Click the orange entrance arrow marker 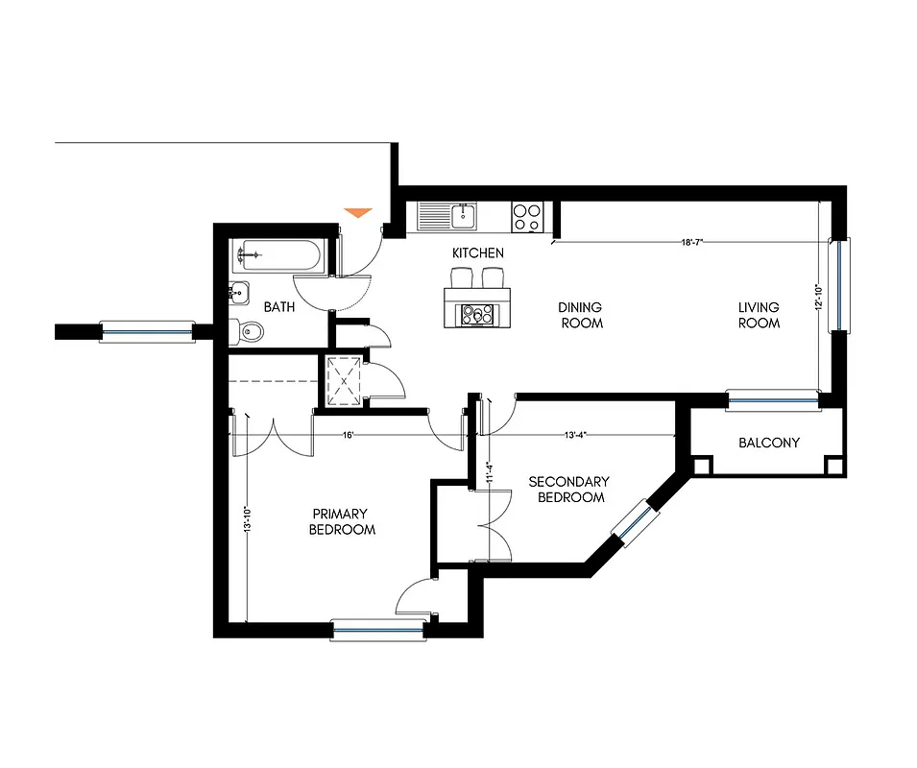(358, 212)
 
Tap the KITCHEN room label (478, 252)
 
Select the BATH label (278, 307)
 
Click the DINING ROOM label (580, 315)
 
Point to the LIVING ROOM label (759, 315)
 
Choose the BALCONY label (768, 443)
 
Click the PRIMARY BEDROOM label (341, 521)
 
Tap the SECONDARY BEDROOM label (569, 489)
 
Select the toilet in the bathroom (248, 332)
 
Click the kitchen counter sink (463, 215)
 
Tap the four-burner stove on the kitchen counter (527, 216)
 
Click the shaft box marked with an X (343, 382)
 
